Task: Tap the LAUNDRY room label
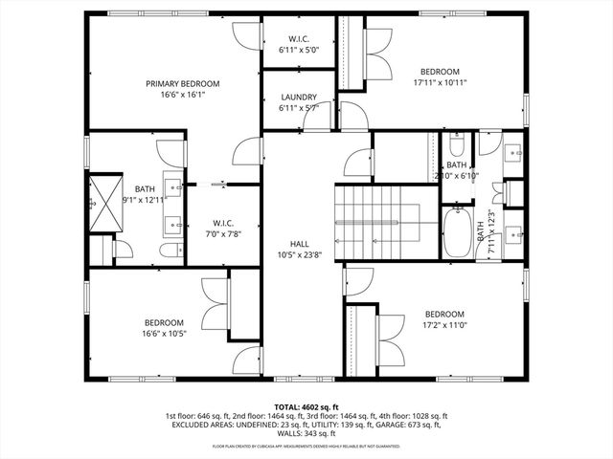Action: [x=298, y=98]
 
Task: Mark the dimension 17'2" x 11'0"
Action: [x=443, y=326]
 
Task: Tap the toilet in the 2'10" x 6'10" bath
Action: [x=457, y=147]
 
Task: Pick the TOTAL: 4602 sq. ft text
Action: [x=306, y=406]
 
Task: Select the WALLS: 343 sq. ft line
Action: [x=306, y=436]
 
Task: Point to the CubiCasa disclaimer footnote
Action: [x=306, y=447]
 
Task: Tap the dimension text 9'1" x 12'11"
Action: [x=145, y=199]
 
